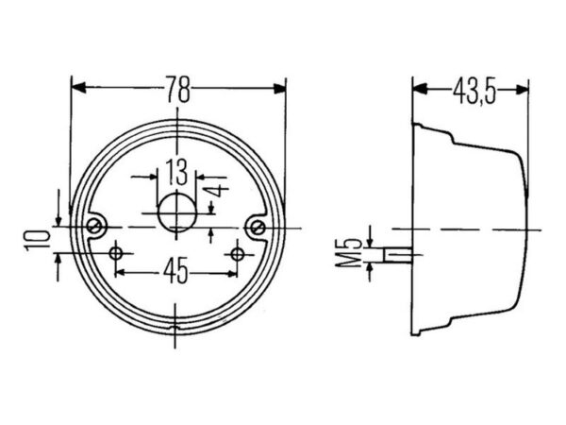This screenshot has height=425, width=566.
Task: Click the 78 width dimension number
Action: (x=177, y=89)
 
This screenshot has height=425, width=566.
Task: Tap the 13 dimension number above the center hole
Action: (x=176, y=172)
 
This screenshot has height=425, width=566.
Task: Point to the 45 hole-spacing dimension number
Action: (x=175, y=270)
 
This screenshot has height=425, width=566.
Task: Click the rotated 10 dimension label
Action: (x=37, y=240)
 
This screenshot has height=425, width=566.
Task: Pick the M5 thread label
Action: (x=348, y=253)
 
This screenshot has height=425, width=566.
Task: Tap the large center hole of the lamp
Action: (x=177, y=213)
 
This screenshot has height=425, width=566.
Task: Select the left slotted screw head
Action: (x=94, y=227)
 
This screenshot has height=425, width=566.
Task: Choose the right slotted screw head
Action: (x=258, y=228)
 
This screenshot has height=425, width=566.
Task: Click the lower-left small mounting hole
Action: (x=116, y=254)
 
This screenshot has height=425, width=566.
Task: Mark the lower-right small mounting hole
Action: (x=237, y=254)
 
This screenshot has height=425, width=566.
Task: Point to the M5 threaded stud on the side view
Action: (x=398, y=255)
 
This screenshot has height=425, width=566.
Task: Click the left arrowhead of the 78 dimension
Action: (x=79, y=88)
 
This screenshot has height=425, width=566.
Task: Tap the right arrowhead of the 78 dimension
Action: (x=279, y=89)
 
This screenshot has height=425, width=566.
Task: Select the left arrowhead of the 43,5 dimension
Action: (x=420, y=89)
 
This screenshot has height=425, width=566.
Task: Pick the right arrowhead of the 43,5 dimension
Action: (x=523, y=90)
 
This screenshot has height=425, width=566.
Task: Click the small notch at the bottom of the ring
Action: (x=175, y=328)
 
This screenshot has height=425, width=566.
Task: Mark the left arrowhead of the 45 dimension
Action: (x=121, y=273)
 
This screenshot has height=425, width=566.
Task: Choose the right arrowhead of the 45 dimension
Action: (x=232, y=273)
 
